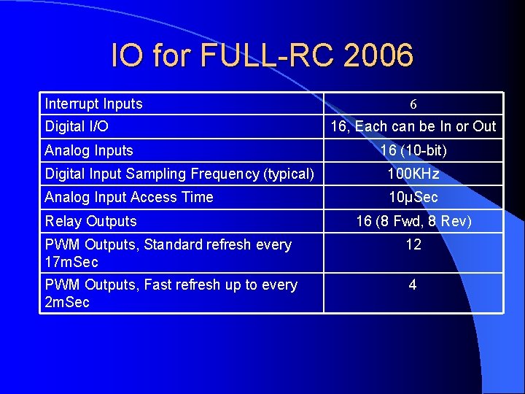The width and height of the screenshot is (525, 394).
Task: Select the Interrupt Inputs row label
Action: click(93, 104)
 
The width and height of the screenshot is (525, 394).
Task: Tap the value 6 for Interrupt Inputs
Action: click(413, 104)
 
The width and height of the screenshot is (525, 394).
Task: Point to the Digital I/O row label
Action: click(77, 126)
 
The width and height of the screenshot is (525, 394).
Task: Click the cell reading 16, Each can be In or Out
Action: click(413, 126)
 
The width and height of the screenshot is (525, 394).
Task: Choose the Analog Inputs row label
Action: click(89, 150)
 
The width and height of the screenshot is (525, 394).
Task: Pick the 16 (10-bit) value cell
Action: click(413, 150)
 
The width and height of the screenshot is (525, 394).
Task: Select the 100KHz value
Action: click(413, 174)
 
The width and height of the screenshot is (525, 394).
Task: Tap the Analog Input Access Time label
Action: click(129, 197)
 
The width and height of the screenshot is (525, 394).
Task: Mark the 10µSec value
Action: click(413, 197)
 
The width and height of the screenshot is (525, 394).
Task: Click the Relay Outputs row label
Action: click(90, 220)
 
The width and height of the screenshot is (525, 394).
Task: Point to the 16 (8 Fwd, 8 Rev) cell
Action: click(413, 220)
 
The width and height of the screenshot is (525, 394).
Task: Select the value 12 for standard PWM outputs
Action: click(413, 244)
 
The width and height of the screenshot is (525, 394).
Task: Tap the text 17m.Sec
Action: click(71, 261)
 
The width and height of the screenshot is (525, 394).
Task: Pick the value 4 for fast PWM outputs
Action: click(413, 285)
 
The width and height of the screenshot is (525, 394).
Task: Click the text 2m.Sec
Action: click(67, 301)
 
